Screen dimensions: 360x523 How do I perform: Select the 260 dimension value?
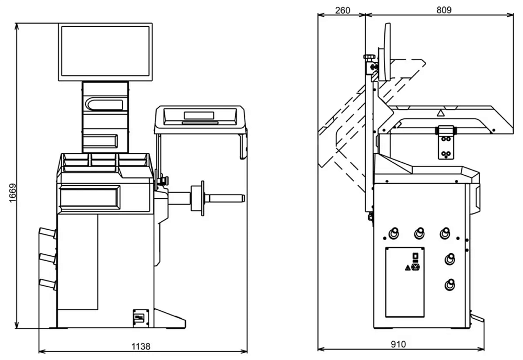[342, 9]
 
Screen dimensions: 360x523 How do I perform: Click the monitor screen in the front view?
[106, 51]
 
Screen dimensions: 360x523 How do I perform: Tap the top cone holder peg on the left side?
[47, 233]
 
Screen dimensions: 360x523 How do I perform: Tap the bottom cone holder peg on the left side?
[47, 284]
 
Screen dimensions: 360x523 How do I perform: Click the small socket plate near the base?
[140, 317]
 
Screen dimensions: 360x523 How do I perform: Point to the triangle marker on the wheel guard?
[440, 112]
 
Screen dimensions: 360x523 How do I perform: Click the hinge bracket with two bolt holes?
[446, 143]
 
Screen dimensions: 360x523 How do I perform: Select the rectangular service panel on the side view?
[405, 282]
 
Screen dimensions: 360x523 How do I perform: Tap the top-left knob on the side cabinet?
[393, 232]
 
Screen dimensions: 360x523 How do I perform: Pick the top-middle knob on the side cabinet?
[419, 232]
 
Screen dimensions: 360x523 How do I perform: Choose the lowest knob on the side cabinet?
[449, 286]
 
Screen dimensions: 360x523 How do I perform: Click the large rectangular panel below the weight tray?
[88, 197]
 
